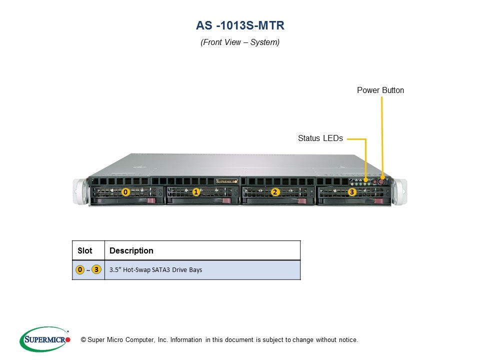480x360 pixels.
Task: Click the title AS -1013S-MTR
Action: tap(240, 25)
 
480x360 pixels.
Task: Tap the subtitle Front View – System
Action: tap(240, 42)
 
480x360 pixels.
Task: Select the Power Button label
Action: tap(380, 90)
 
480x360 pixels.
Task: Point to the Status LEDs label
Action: tap(320, 138)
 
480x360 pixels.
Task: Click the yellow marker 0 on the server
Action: tap(125, 191)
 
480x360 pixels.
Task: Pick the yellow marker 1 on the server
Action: tap(196, 191)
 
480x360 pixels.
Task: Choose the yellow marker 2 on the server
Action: tap(274, 191)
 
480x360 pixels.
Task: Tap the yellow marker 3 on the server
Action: tap(352, 191)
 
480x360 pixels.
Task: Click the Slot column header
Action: tap(85, 250)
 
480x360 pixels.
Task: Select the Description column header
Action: tap(131, 250)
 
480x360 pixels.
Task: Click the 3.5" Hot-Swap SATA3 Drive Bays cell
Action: tap(156, 270)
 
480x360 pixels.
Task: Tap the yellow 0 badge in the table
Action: tap(80, 270)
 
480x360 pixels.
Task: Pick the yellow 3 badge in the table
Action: tap(96, 270)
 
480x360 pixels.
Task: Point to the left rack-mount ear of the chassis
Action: tap(79, 191)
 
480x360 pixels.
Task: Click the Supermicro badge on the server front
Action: tap(226, 181)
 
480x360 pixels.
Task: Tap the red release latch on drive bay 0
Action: tap(151, 200)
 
